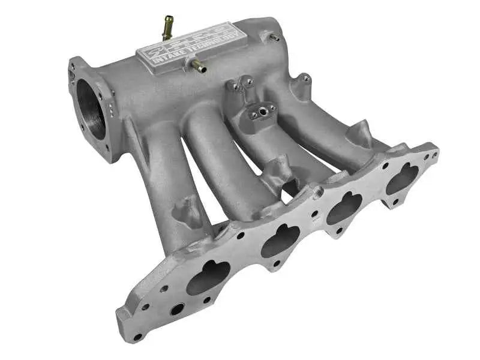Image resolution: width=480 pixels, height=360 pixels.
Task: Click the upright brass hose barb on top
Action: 167,27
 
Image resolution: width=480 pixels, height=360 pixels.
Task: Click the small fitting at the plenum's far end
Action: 274,38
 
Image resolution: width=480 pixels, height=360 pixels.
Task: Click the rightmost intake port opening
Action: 401,178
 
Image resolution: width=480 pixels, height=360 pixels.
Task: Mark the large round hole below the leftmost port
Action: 177,309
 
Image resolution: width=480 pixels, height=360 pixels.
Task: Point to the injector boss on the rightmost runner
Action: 360,133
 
